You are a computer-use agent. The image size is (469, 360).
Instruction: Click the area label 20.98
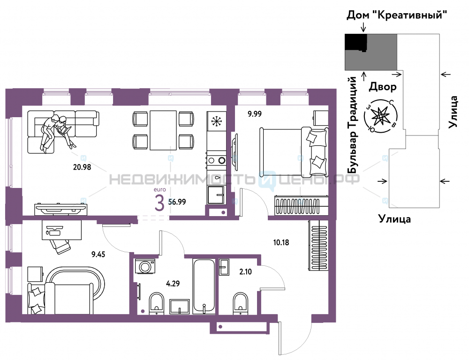pyautogui.click(x=82, y=167)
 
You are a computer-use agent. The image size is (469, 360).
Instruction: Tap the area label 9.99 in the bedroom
pyautogui.click(x=255, y=114)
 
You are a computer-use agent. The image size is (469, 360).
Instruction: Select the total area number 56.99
pyautogui.click(x=177, y=202)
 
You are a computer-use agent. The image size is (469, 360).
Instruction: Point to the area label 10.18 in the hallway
pyautogui.click(x=281, y=242)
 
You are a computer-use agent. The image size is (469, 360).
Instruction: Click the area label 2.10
pyautogui.click(x=246, y=272)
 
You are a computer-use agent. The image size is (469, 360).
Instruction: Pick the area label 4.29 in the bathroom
pyautogui.click(x=173, y=283)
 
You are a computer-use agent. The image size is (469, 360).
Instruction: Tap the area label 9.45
pyautogui.click(x=98, y=255)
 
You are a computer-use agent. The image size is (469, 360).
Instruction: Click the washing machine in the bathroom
pyautogui.click(x=145, y=266)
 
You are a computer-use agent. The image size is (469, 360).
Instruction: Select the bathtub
pyautogui.click(x=204, y=286)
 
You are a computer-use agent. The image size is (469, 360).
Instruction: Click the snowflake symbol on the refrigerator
pyautogui.click(x=216, y=121)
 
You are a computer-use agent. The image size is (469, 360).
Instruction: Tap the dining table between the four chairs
pyautogui.click(x=163, y=130)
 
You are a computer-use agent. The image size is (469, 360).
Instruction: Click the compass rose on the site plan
pyautogui.click(x=381, y=116)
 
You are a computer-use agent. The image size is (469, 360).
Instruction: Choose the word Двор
pyautogui.click(x=383, y=87)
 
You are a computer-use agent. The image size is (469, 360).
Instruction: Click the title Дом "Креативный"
pyautogui.click(x=397, y=15)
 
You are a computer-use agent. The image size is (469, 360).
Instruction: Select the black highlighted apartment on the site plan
pyautogui.click(x=356, y=42)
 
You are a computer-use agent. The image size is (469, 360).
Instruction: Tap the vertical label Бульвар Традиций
pyautogui.click(x=353, y=125)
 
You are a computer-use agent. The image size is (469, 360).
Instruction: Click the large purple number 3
pyautogui.click(x=159, y=202)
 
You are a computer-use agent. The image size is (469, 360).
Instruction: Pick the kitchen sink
pyautogui.click(x=216, y=195)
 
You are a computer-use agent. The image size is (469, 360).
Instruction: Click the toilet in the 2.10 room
pyautogui.click(x=241, y=303)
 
